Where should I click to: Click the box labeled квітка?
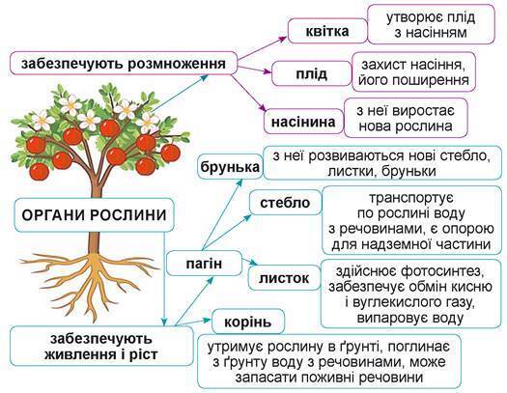tap(327, 31)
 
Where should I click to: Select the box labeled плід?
tap(311, 74)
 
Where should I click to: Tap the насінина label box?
tap(303, 122)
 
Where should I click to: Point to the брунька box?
tap(230, 167)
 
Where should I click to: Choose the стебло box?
tap(285, 203)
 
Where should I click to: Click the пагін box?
tap(204, 263)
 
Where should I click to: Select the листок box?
tap(284, 278)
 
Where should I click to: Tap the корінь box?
tap(248, 322)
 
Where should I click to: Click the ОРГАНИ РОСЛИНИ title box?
tap(94, 215)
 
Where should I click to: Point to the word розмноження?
tap(177, 64)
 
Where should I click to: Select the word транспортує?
tap(411, 198)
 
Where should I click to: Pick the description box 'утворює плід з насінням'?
tap(432, 24)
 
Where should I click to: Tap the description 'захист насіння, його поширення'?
tap(413, 71)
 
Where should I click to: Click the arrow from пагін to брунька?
tap(222, 214)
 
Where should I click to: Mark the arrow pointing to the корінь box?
tap(193, 322)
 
